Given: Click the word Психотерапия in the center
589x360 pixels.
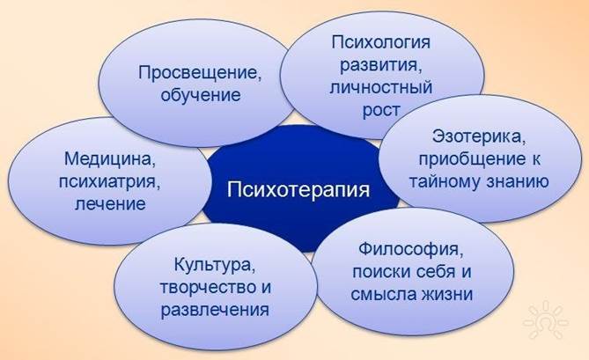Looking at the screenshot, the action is (298, 189).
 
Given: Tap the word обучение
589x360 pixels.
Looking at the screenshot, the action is (201, 94).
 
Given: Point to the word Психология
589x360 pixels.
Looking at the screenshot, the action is (380, 42).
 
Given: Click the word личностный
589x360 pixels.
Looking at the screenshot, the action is (381, 87).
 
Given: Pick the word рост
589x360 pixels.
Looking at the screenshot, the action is (381, 110).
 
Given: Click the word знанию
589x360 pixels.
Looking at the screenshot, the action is (518, 181).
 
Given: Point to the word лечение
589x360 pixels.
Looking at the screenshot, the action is (110, 204).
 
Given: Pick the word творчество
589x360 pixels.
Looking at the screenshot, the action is (204, 288).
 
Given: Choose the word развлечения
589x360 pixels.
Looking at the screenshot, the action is (215, 310).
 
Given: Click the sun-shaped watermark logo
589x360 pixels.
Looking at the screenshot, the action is (546, 322).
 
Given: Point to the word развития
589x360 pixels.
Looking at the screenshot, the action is (380, 65).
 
